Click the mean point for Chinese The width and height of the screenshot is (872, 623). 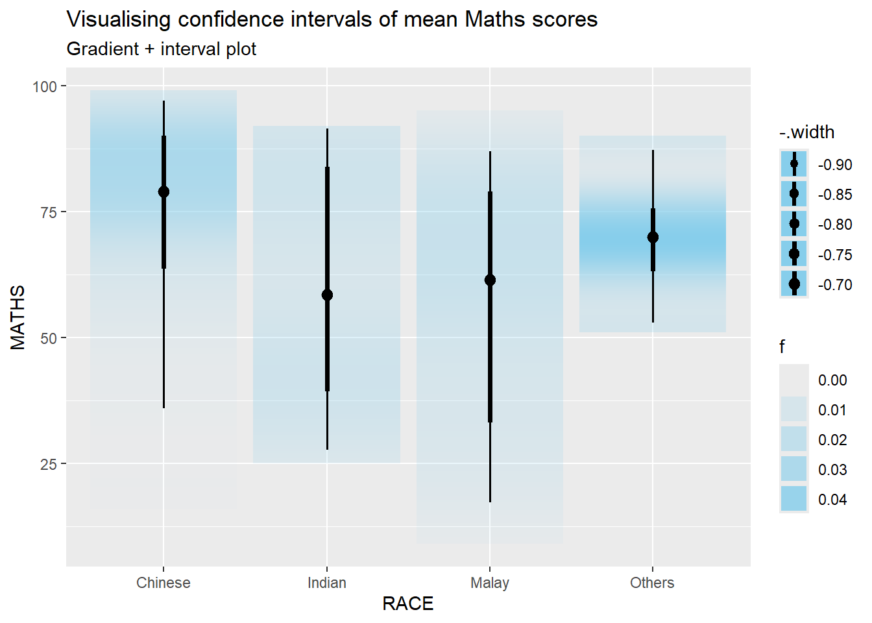pos(163,191)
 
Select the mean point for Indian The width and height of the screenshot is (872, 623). pos(327,295)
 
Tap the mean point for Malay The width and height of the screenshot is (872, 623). pos(490,280)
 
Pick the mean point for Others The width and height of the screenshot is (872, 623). pos(653,237)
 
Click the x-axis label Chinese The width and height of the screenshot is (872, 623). pos(163,583)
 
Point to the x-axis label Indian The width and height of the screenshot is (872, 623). pos(327,583)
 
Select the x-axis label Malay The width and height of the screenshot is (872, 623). pos(490,583)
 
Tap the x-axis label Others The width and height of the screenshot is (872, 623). pos(652,583)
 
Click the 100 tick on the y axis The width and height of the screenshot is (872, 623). pos(45,86)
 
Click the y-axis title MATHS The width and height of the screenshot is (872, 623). pos(18,317)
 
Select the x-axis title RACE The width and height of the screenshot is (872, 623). pos(407,604)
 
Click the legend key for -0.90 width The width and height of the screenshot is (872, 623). pos(794,164)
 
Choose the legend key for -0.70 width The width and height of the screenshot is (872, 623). pos(794,284)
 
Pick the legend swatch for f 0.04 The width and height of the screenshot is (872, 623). pos(794,499)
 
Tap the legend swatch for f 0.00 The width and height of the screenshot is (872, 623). pos(794,380)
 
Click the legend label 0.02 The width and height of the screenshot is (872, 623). pos(832,440)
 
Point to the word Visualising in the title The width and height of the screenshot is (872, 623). pos(119,19)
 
